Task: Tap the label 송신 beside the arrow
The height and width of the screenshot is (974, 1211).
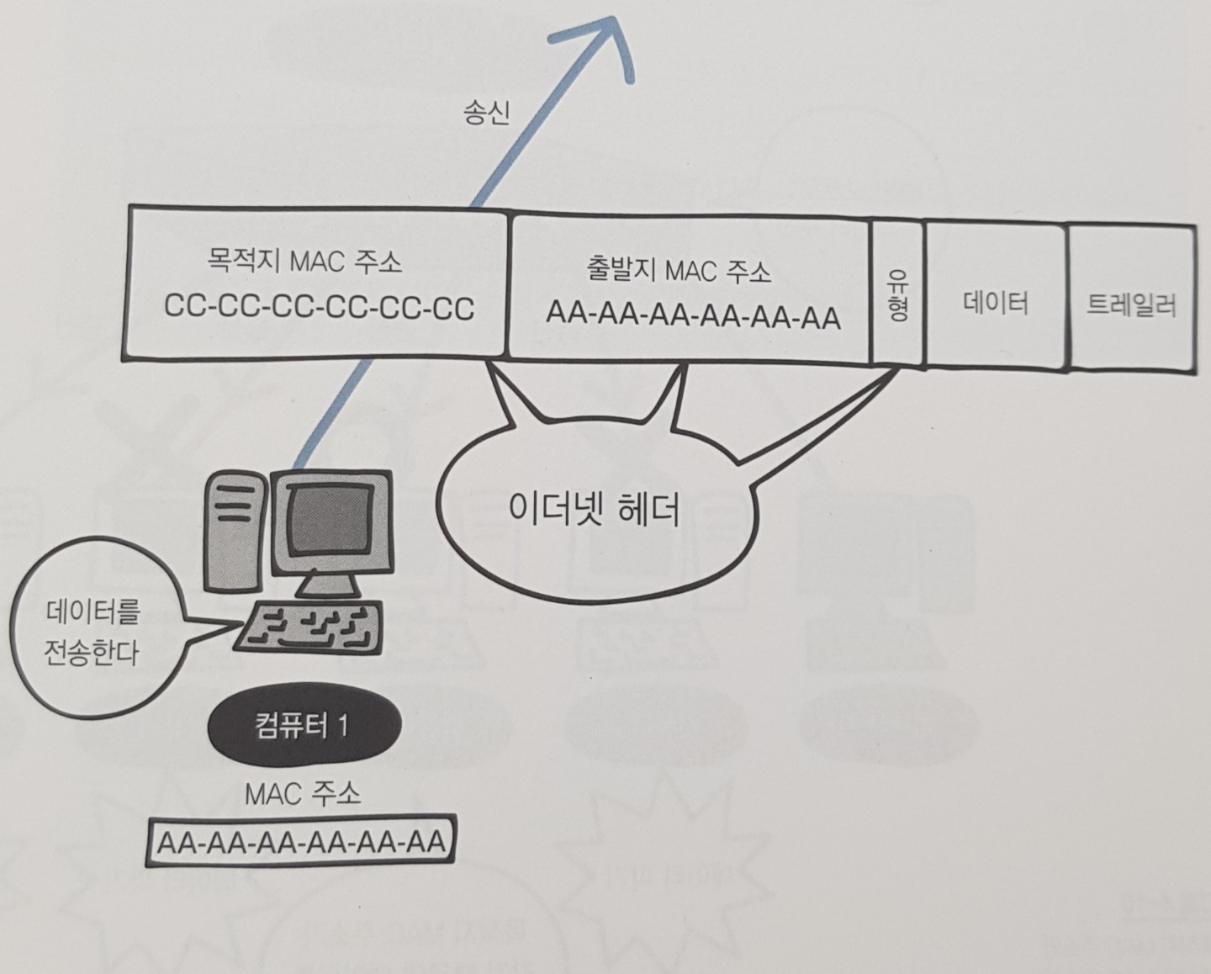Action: pos(486,112)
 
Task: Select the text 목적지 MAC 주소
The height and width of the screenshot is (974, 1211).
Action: pos(304,262)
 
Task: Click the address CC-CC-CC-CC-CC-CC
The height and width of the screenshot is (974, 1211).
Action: pos(320,308)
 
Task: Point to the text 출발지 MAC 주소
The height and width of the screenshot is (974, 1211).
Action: pos(678,271)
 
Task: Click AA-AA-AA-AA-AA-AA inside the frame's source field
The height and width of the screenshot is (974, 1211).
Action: pos(693,316)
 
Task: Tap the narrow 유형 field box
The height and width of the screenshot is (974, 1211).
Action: pos(897,294)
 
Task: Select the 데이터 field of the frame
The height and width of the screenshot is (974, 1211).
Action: pos(996,302)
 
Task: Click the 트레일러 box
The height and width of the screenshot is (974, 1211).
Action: pos(1131,304)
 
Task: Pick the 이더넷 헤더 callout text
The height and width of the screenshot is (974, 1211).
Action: pos(595,508)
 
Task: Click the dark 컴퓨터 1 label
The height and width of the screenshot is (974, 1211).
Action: pos(303,726)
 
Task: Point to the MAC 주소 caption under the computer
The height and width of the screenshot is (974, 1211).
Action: pos(303,792)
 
